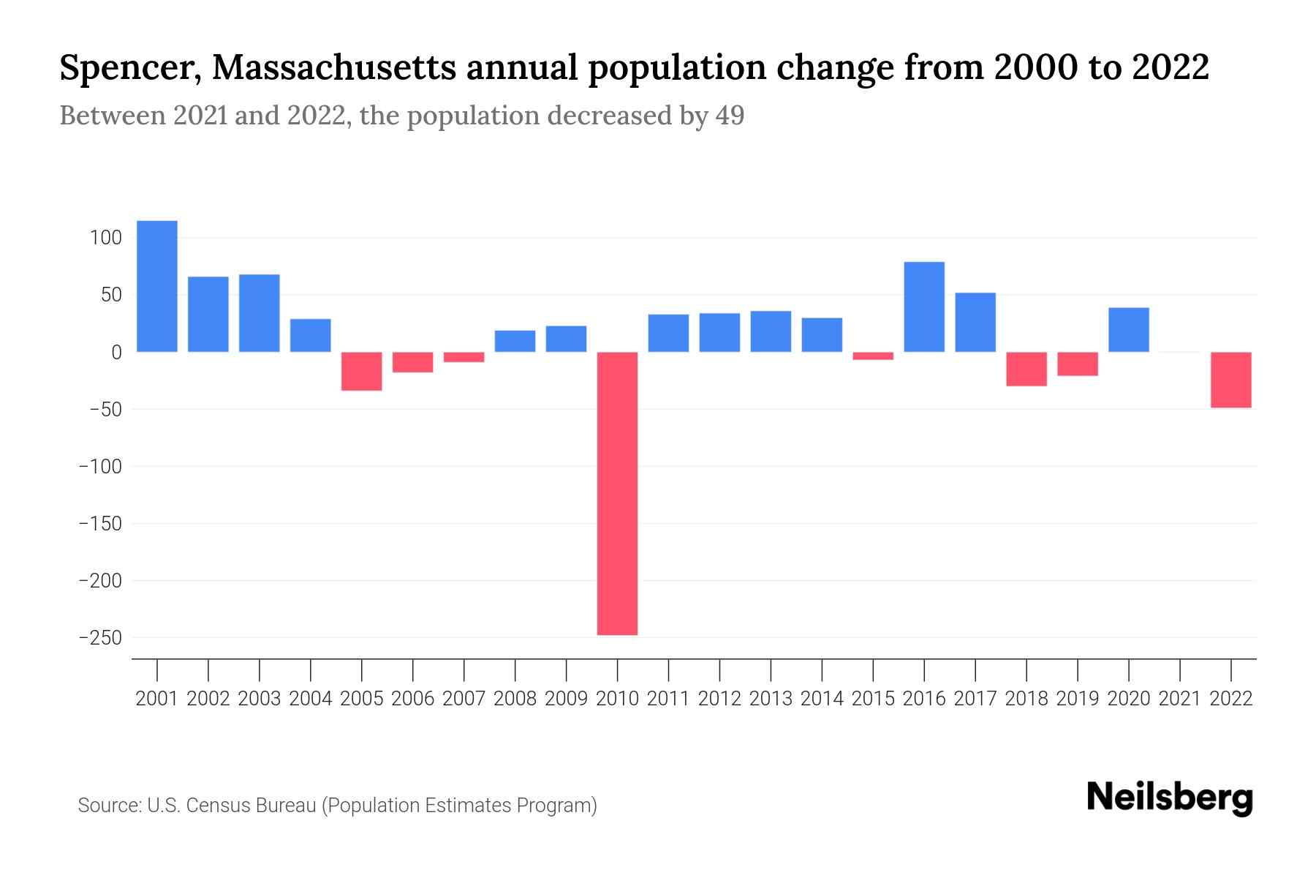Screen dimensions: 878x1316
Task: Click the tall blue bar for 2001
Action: (x=157, y=286)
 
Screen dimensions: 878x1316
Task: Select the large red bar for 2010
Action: (x=617, y=493)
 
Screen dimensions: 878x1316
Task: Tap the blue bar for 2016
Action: (x=924, y=307)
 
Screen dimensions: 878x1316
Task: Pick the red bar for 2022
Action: (x=1231, y=380)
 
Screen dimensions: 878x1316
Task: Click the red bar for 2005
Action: (x=362, y=371)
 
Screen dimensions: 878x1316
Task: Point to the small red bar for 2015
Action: (x=873, y=356)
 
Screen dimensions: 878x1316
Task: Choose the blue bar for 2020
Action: (x=1129, y=330)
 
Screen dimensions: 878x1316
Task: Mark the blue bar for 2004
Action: (x=311, y=335)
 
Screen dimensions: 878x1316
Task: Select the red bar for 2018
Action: (x=1026, y=369)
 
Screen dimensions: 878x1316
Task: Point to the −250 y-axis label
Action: (x=100, y=638)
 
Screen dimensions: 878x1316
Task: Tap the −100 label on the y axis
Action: (x=100, y=467)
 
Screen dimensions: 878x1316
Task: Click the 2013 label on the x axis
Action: (x=771, y=699)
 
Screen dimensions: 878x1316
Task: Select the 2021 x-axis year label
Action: (x=1180, y=699)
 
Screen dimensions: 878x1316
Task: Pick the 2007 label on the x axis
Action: (x=464, y=699)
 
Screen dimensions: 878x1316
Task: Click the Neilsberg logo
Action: (x=1170, y=798)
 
